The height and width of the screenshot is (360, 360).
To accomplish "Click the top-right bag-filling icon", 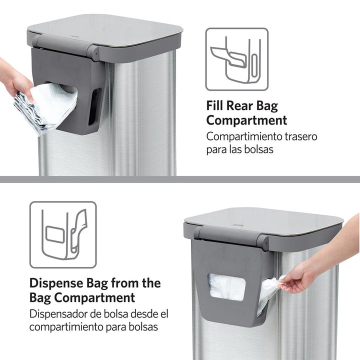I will [236, 59].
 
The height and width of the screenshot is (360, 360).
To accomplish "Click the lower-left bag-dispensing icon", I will [62, 234].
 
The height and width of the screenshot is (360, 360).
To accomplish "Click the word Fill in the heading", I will [217, 105].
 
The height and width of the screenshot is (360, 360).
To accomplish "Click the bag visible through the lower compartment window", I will [226, 286].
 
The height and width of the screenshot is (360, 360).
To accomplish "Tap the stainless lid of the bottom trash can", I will [265, 220].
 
